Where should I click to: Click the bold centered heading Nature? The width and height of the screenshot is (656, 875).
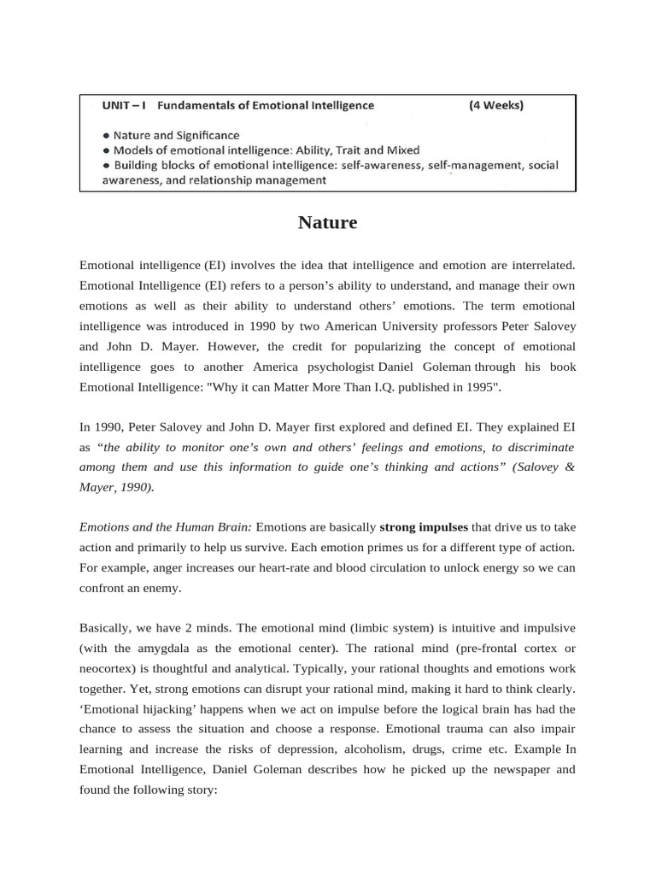coord(328,223)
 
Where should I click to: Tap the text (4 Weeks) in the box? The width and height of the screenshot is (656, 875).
coord(496,106)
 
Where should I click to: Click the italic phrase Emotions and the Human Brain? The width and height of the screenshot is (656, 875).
coord(166,527)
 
